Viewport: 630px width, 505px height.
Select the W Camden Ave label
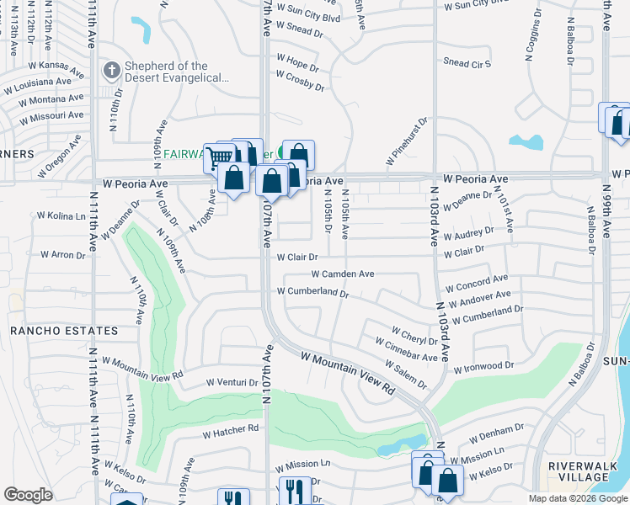click(342, 274)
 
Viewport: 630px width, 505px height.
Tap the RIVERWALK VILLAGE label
click(583, 471)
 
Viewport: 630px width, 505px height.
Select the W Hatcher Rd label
click(229, 431)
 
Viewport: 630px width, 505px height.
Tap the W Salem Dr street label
click(405, 373)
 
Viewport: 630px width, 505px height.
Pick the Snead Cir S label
click(467, 63)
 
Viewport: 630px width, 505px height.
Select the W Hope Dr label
click(297, 61)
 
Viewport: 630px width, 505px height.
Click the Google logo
click(28, 495)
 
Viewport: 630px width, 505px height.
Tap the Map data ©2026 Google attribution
click(577, 498)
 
